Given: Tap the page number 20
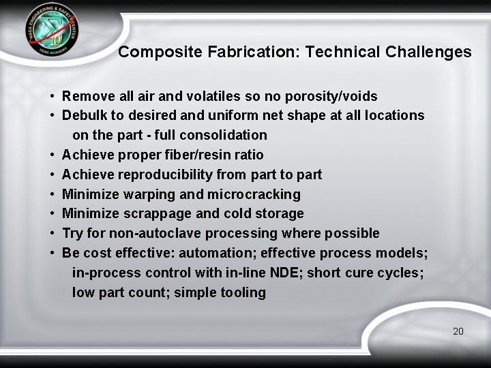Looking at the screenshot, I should pyautogui.click(x=458, y=331).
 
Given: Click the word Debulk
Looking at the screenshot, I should pyautogui.click(x=83, y=115).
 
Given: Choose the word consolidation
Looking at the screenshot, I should pyautogui.click(x=228, y=135).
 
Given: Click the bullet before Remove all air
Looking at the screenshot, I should pyautogui.click(x=52, y=97).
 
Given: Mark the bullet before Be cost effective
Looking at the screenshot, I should pyautogui.click(x=52, y=254).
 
